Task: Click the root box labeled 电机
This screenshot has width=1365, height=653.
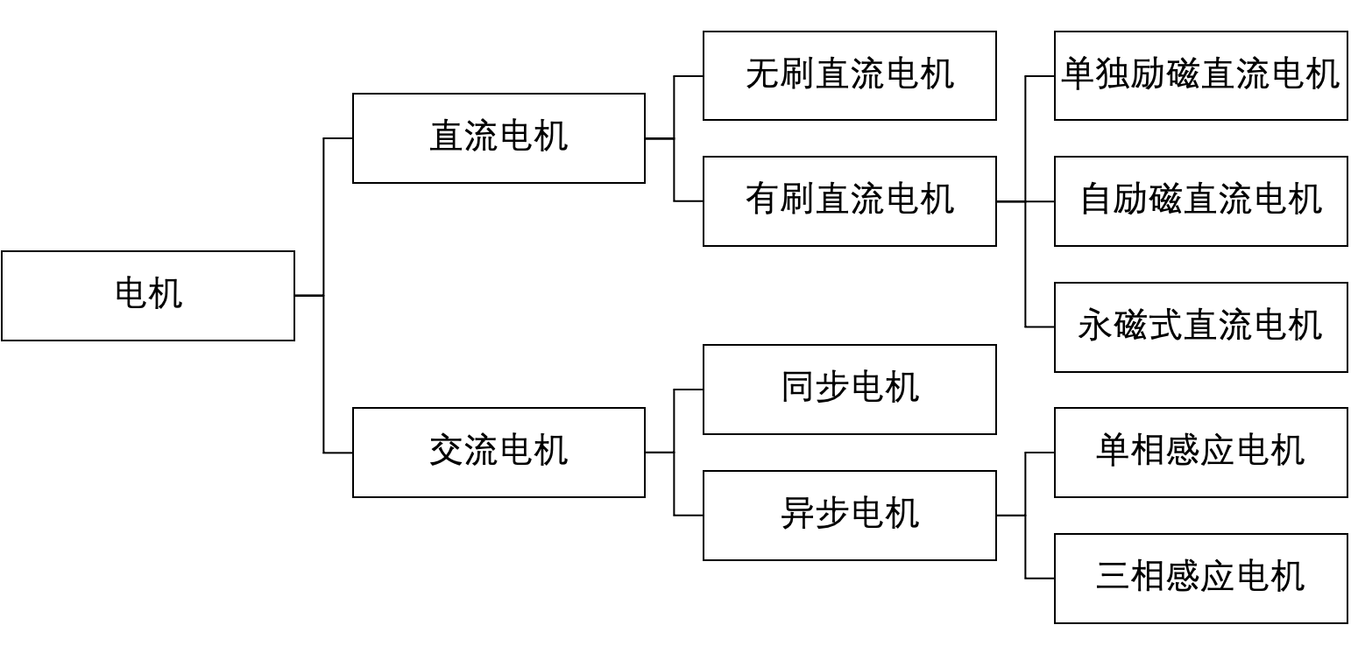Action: click(147, 295)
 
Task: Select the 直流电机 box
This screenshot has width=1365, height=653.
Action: click(499, 137)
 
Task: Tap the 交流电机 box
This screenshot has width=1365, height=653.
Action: click(499, 452)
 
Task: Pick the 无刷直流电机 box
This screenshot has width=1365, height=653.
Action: click(849, 75)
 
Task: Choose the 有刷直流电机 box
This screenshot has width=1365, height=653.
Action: click(849, 200)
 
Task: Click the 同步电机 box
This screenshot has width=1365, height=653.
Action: click(849, 389)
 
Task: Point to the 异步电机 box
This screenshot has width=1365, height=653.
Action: click(849, 515)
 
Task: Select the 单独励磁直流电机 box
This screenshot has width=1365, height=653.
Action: click(1200, 75)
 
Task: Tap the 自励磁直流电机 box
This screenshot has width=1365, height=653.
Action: click(1200, 200)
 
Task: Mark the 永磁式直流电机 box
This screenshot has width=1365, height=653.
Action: click(1200, 326)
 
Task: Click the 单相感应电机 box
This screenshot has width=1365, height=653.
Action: click(1200, 452)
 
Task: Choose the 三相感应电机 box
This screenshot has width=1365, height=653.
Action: click(1200, 578)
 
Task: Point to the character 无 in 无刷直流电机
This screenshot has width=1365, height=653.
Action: click(762, 74)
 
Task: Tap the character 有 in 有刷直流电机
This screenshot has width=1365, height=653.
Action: click(762, 200)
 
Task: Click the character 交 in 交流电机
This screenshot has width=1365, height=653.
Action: click(446, 451)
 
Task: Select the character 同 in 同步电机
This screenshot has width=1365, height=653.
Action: click(797, 388)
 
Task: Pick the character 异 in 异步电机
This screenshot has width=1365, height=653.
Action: click(797, 514)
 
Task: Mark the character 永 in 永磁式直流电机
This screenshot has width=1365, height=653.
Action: click(1095, 326)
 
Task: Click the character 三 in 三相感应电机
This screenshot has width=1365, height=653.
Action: click(1113, 577)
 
